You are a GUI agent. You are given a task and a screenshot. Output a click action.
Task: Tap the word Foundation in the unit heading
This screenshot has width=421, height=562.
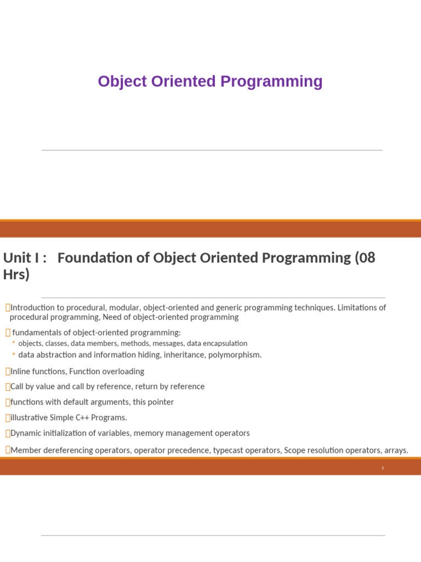pyautogui.click(x=92, y=257)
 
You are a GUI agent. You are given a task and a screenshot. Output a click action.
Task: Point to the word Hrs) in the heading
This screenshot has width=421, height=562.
pyautogui.click(x=16, y=274)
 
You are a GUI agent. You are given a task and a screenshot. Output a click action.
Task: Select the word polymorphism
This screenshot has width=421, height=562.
pyautogui.click(x=235, y=355)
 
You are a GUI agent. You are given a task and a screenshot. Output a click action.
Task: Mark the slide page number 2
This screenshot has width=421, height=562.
pyautogui.click(x=383, y=468)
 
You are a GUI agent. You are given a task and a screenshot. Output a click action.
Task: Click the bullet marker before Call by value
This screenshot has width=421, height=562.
pyautogui.click(x=7, y=387)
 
